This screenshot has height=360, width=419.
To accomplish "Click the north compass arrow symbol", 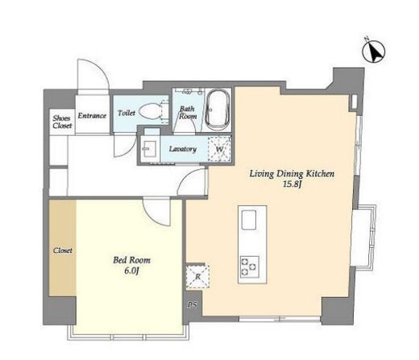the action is pyautogui.click(x=374, y=52).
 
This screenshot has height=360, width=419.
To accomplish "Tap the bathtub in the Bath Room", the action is pyautogui.click(x=218, y=110).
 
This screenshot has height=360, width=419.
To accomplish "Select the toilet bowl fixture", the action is pyautogui.click(x=150, y=112).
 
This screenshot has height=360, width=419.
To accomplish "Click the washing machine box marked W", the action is pyautogui.click(x=219, y=148).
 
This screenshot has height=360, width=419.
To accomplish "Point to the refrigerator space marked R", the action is pyautogui.click(x=197, y=276).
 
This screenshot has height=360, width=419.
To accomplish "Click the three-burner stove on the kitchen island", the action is pyautogui.click(x=250, y=267).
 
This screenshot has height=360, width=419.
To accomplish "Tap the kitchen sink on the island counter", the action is pyautogui.click(x=249, y=220).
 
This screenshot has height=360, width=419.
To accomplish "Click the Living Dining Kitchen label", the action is pyautogui.click(x=292, y=174).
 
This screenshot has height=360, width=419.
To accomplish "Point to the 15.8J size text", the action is pyautogui.click(x=291, y=184).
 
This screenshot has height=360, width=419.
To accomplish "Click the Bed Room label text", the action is pyautogui.click(x=131, y=260).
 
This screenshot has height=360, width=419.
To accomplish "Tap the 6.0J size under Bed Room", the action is pyautogui.click(x=131, y=271).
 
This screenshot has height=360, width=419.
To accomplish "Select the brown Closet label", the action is pyautogui.click(x=62, y=250).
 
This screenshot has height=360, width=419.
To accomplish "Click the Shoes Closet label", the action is pyautogui.click(x=62, y=122).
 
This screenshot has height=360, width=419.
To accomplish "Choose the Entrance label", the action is pyautogui.click(x=92, y=116).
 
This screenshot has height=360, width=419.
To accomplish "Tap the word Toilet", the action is pyautogui.click(x=127, y=113).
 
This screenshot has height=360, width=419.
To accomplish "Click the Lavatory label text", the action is pyautogui.click(x=183, y=149).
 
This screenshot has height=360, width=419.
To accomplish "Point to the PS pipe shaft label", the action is pyautogui.click(x=193, y=305).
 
